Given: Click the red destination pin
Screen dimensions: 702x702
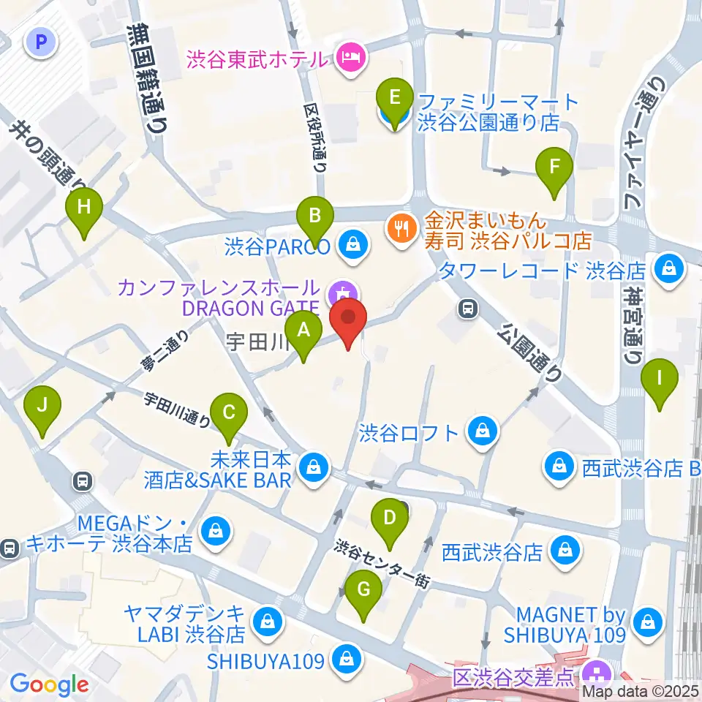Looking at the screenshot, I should coord(348,322).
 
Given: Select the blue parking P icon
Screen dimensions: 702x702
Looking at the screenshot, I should coord(40,42).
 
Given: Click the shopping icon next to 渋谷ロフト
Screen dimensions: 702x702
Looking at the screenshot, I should coord(483,431).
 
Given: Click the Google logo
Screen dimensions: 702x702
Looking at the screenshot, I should coord(50,684).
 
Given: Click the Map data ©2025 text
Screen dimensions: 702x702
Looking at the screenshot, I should coord(641,691).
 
